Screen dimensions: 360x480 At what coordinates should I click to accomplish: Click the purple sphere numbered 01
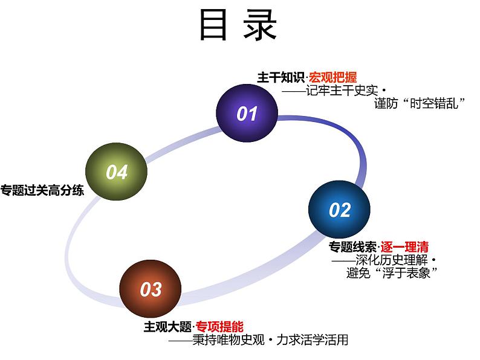247,114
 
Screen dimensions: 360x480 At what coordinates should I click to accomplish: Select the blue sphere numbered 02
339,209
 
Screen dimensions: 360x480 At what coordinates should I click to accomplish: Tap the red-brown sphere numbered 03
151,289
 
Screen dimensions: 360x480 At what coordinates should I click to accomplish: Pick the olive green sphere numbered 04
117,172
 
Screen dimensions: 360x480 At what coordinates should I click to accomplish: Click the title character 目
214,25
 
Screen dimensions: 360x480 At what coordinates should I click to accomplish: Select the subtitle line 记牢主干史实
341,91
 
